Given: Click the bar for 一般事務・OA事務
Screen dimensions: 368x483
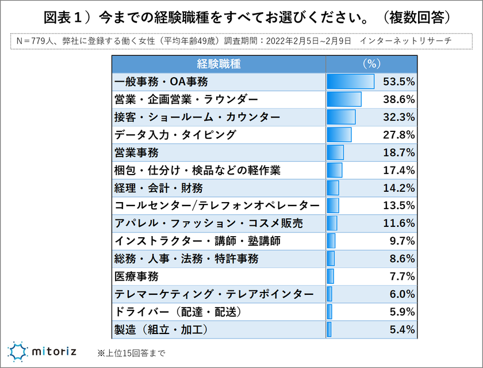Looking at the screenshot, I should click(x=350, y=81).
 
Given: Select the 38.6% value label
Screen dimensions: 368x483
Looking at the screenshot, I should click(x=399, y=100).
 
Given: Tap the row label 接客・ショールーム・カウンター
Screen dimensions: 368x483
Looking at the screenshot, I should click(x=197, y=117).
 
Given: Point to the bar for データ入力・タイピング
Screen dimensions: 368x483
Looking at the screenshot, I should click(x=339, y=135).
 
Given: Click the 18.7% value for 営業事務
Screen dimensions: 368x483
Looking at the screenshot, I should click(x=399, y=153).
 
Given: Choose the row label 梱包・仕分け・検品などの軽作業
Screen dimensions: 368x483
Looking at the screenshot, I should click(x=197, y=170).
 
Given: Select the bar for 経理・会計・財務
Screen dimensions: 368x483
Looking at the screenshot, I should click(x=332, y=188).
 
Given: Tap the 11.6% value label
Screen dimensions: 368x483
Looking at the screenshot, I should click(x=399, y=223).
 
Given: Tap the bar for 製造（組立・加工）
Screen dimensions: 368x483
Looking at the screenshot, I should click(x=329, y=330).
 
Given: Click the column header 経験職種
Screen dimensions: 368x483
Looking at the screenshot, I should click(x=218, y=63).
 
